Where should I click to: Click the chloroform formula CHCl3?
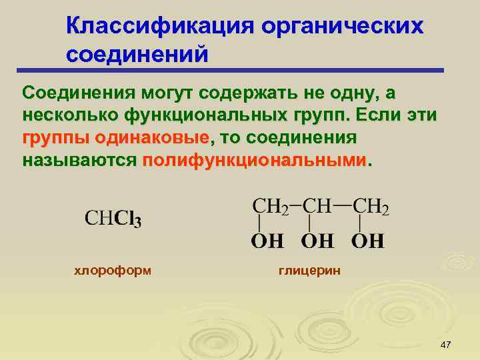point(113,219)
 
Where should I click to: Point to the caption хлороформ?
point(112,270)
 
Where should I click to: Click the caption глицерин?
point(309,270)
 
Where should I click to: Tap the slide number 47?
point(446,344)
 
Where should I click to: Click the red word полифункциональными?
point(255,161)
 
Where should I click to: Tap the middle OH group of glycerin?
point(317,241)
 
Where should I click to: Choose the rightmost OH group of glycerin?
point(367,241)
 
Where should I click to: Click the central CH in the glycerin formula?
point(317,205)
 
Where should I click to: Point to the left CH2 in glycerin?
point(269,205)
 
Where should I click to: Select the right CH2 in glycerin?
point(370,205)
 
